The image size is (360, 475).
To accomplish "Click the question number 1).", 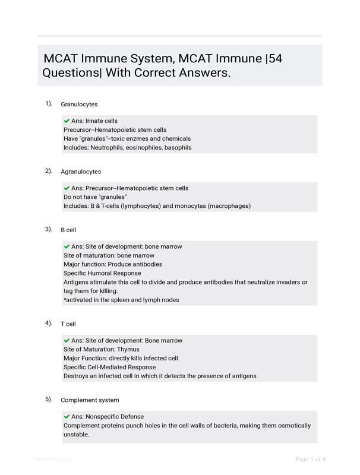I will pos(49,103).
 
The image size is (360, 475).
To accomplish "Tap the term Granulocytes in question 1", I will pos(79,104).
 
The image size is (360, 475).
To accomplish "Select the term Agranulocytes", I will pos(81,172).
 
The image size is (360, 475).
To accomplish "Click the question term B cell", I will pos(68,230).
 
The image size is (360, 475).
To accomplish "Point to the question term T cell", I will pos(68,324).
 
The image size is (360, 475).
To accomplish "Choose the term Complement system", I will pos(90,400).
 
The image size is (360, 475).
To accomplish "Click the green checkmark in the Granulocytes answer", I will pos(67,121).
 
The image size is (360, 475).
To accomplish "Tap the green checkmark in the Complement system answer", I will pos(67,417).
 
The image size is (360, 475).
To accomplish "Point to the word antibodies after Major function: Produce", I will pos(147,264).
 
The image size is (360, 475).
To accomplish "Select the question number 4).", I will pos(49,323).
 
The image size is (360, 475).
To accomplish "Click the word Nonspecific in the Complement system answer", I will pos(103,417).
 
